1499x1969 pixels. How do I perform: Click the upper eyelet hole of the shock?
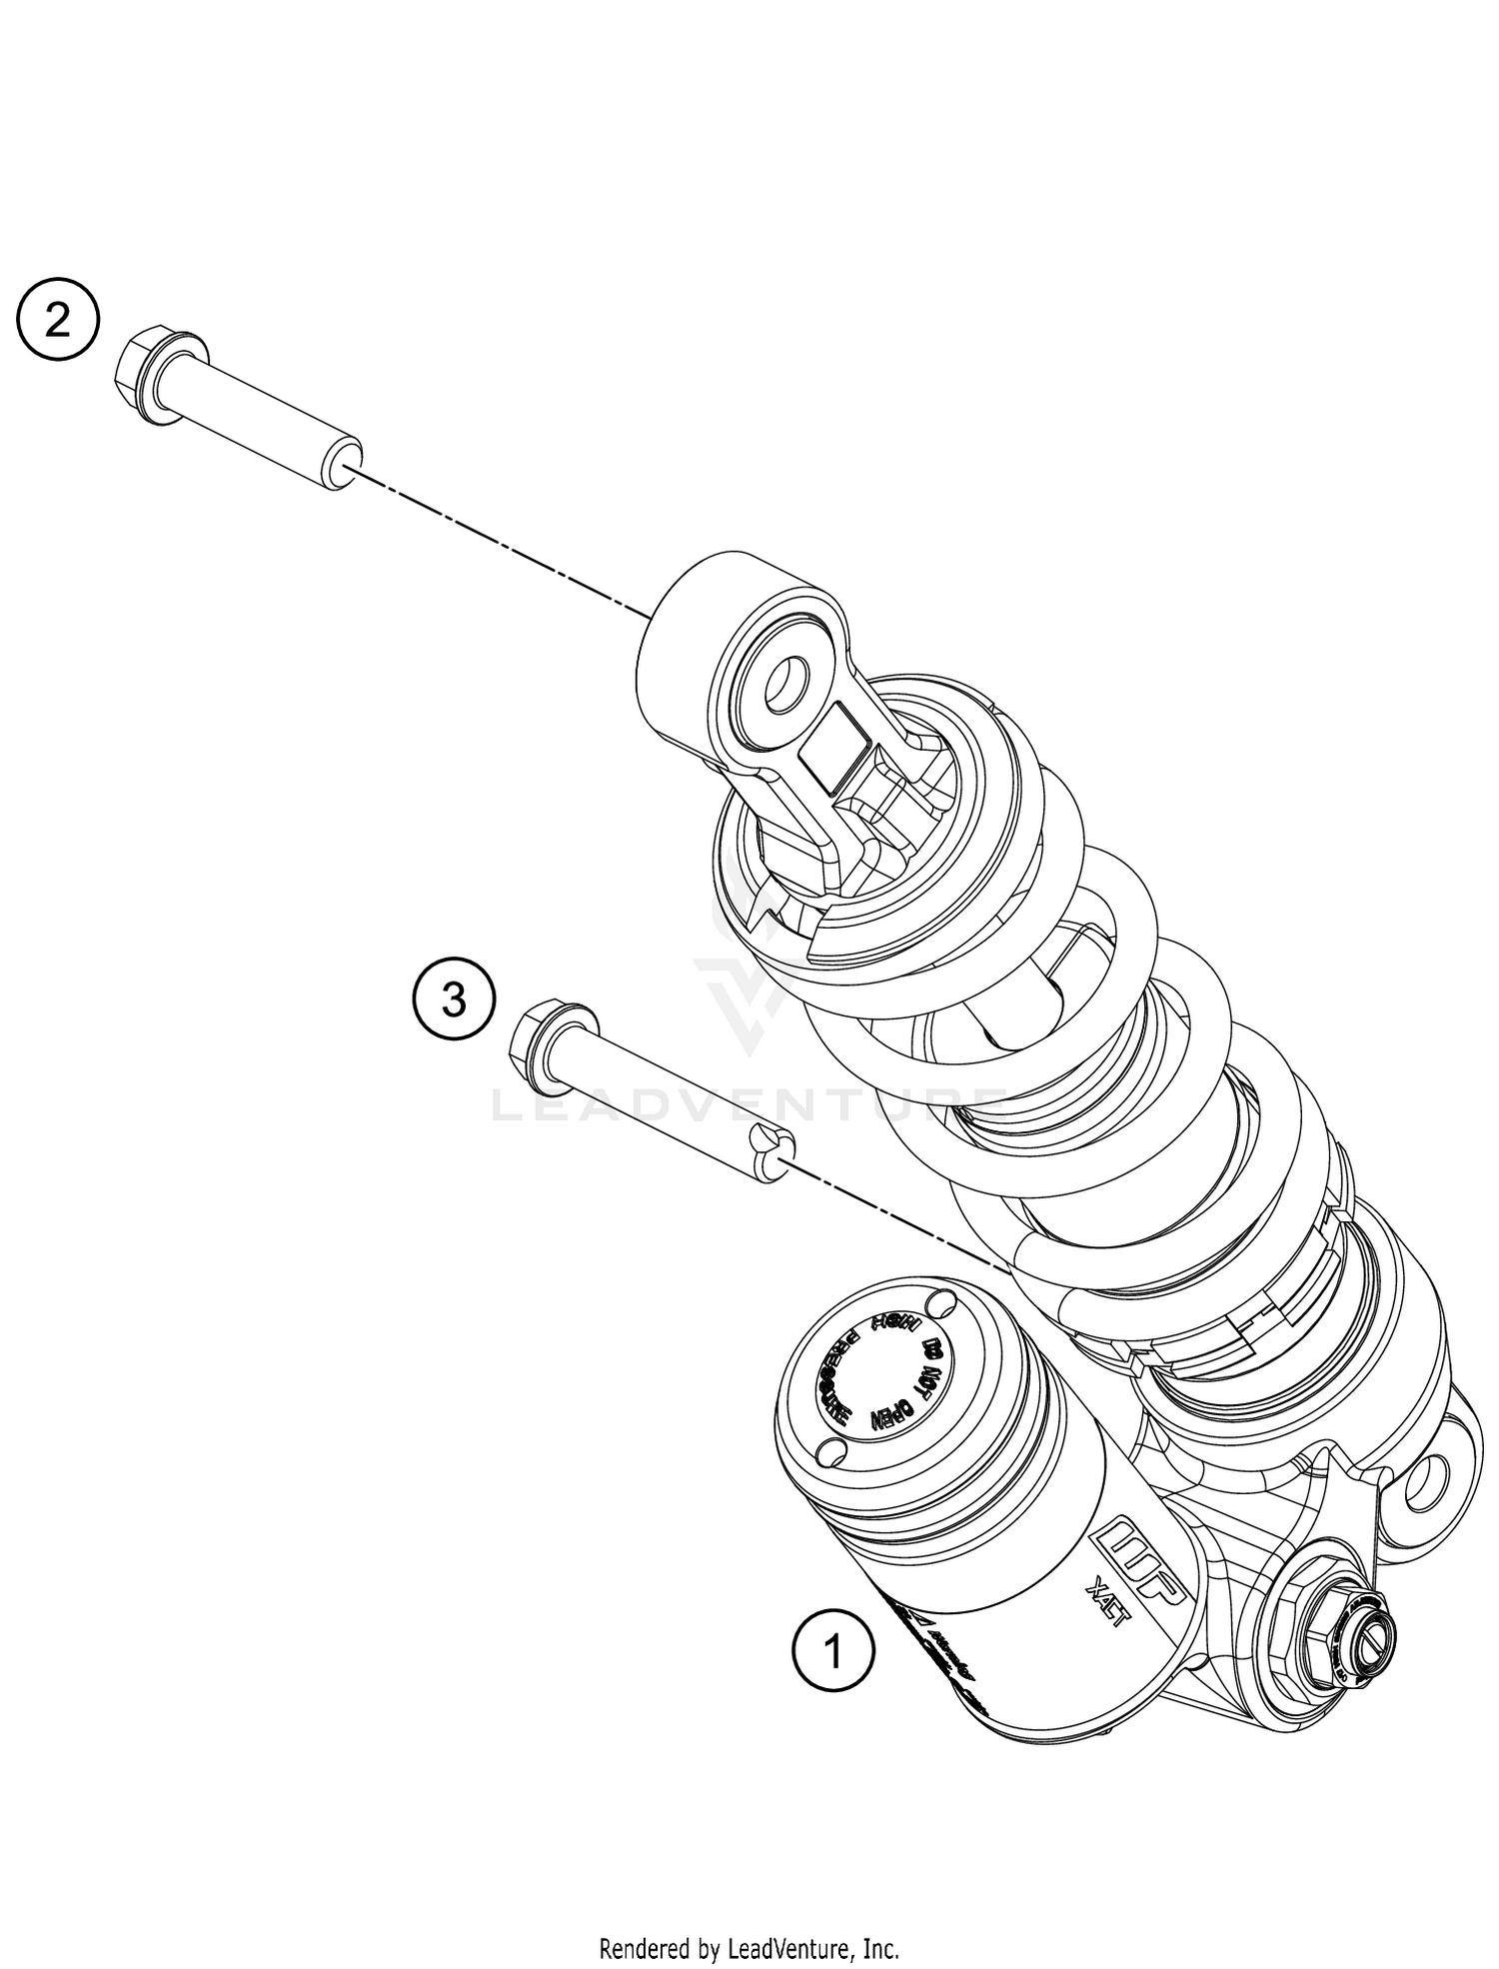pos(789,685)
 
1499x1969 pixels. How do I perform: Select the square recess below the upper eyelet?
pos(831,748)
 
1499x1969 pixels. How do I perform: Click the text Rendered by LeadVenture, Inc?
pos(749,1920)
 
